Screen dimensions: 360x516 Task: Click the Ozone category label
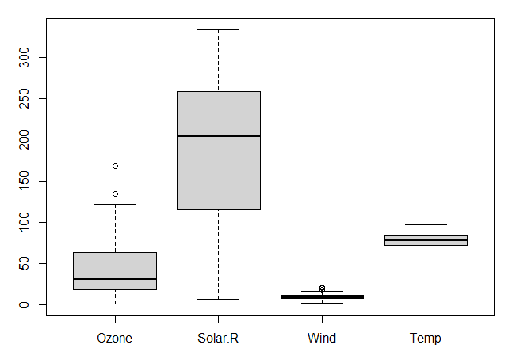click(115, 339)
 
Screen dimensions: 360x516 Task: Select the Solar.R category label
click(218, 339)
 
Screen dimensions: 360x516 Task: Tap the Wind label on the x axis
click(322, 339)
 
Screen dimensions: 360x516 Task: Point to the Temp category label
click(426, 339)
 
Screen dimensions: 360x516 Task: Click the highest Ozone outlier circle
click(115, 166)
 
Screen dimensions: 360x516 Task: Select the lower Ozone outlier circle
click(115, 193)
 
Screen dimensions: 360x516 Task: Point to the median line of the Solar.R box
click(218, 136)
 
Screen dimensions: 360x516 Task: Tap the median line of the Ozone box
click(115, 278)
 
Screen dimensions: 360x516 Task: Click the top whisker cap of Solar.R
click(218, 29)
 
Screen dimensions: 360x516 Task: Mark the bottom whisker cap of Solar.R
click(218, 299)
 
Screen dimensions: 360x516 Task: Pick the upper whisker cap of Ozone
click(115, 204)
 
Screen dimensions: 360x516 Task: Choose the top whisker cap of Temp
click(426, 224)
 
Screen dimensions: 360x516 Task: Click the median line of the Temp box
click(426, 239)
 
